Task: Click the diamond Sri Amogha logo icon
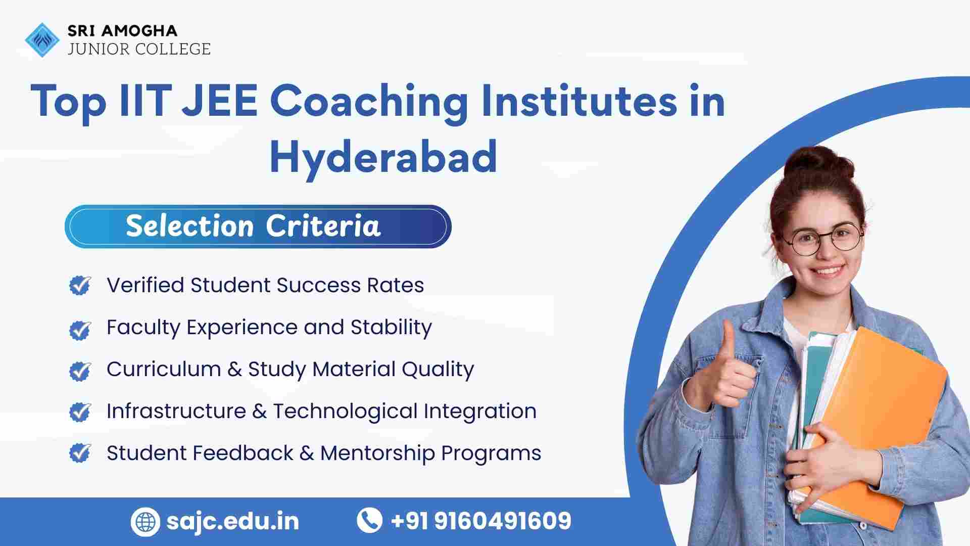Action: point(42,39)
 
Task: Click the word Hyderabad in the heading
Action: point(383,157)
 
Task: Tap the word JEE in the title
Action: point(220,101)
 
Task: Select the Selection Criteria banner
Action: point(258,226)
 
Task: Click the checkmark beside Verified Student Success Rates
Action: point(80,285)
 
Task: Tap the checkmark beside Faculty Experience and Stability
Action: point(80,330)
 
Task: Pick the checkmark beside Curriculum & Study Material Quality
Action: point(80,371)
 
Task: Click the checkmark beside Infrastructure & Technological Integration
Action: point(80,412)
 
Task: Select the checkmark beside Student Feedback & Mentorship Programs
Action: point(80,453)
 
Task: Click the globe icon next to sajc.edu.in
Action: point(145,521)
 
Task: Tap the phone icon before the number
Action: point(369,520)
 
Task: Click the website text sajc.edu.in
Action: point(233,521)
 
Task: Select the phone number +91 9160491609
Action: point(481,521)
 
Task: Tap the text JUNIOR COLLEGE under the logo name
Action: point(139,49)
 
